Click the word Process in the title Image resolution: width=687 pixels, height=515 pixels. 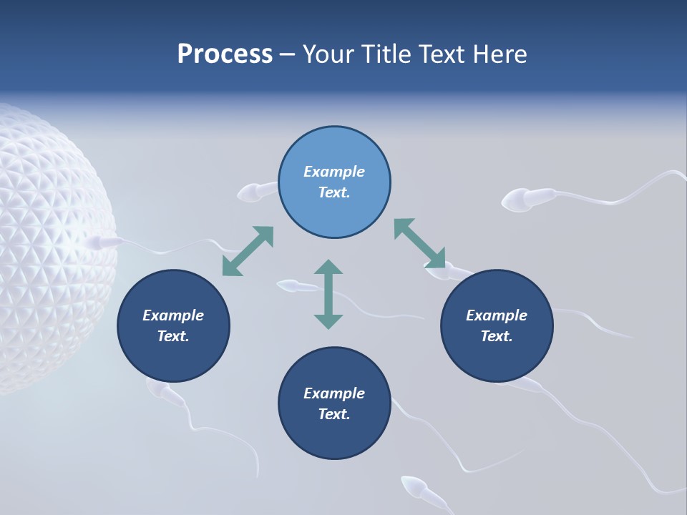(x=225, y=54)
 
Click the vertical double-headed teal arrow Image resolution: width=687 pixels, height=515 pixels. (x=328, y=294)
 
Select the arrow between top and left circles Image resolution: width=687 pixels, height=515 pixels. (x=248, y=251)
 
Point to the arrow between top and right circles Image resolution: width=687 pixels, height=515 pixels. (x=419, y=243)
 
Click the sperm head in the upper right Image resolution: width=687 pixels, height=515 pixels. (x=517, y=200)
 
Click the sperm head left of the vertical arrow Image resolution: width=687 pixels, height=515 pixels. (x=288, y=287)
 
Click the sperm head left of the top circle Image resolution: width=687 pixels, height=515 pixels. (x=249, y=192)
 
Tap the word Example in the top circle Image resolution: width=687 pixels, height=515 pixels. (x=334, y=172)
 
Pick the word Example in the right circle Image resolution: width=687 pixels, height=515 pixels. (x=497, y=315)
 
